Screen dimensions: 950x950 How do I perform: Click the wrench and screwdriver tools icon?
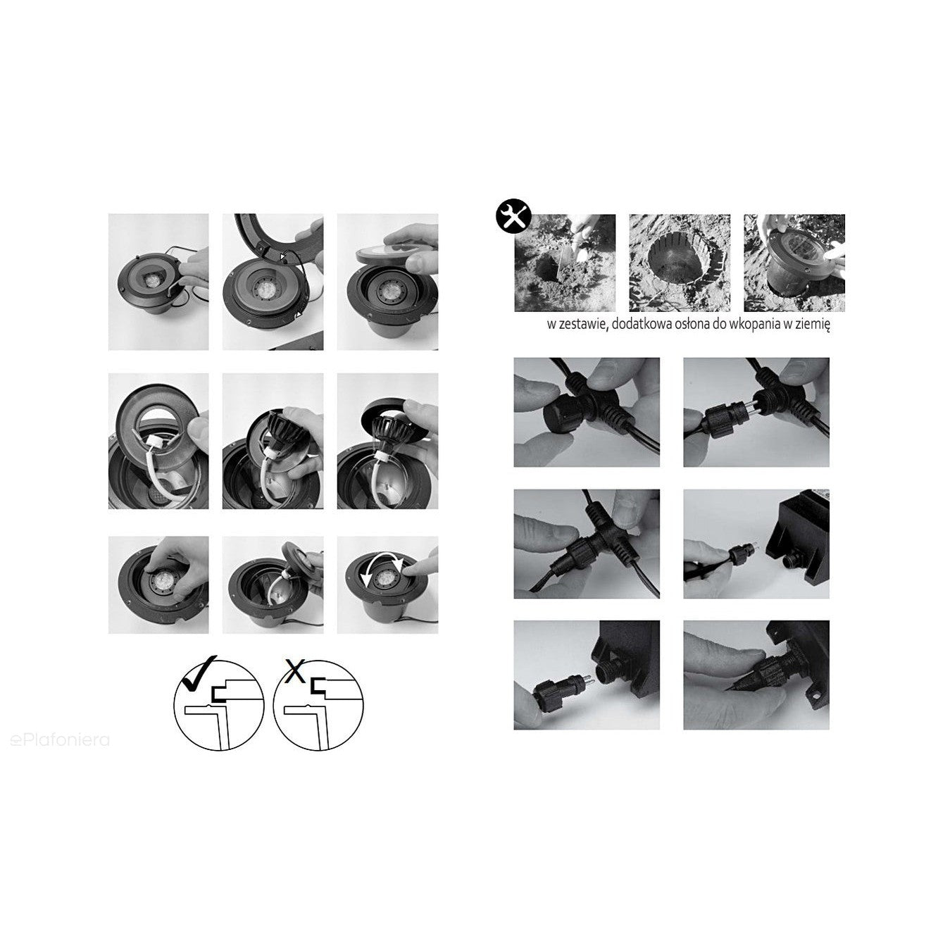pos(513,215)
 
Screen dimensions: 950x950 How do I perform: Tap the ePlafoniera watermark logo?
pos(60,739)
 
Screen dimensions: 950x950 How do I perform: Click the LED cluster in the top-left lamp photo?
pos(150,281)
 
